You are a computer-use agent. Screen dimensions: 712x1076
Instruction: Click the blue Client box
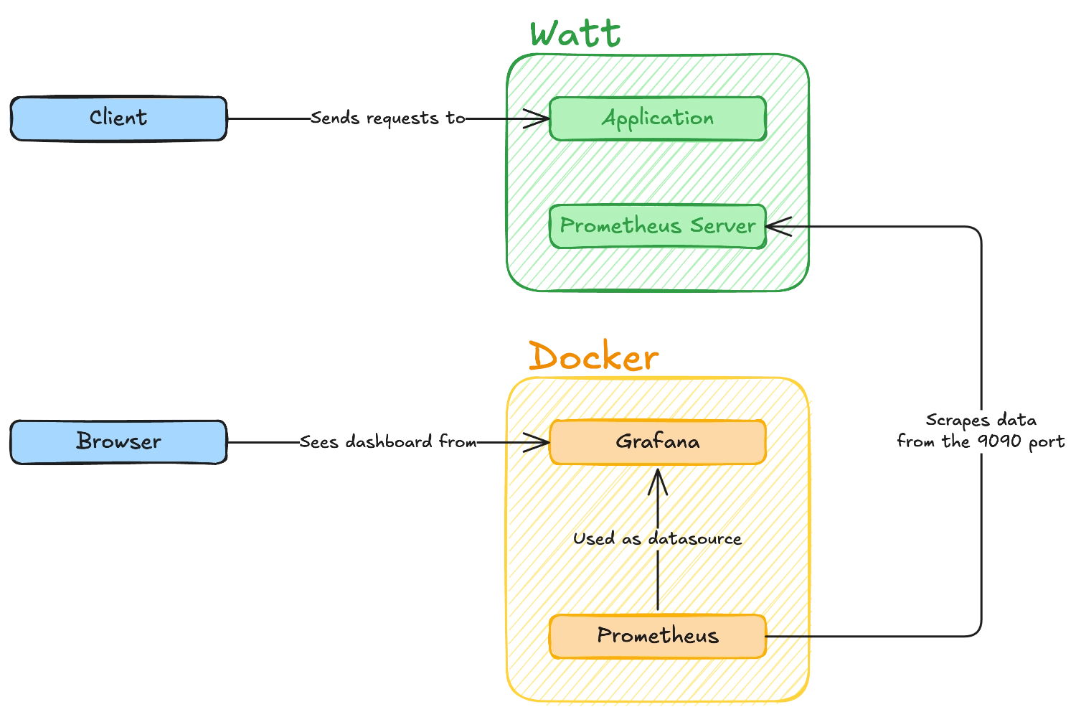[x=118, y=118]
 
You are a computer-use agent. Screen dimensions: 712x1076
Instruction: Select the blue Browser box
[x=118, y=441]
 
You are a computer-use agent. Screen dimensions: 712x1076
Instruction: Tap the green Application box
[x=658, y=118]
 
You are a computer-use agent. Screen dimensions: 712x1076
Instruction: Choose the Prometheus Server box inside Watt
[x=658, y=226]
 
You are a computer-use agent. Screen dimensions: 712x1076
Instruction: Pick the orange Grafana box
[x=658, y=441]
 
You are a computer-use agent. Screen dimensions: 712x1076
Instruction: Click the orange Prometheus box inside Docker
[x=658, y=636]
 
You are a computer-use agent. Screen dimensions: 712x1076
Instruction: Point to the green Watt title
[x=576, y=34]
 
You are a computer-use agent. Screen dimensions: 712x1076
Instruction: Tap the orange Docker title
[x=593, y=357]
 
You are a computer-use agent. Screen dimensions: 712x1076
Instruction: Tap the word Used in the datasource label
[x=594, y=538]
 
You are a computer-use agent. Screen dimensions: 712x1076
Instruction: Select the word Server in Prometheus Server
[x=722, y=226]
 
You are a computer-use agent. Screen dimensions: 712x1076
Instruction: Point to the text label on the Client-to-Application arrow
[x=390, y=118]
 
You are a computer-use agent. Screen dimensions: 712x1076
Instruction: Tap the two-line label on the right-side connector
[x=981, y=430]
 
